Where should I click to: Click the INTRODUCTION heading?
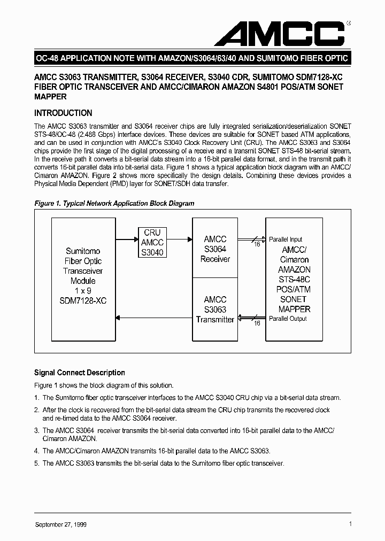[x=63, y=113]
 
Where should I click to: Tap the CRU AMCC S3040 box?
[x=152, y=242]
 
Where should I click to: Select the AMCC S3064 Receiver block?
[x=215, y=249]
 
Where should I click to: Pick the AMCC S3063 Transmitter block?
[x=215, y=310]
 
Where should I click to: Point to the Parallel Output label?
[x=288, y=319]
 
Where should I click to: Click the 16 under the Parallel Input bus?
[x=257, y=244]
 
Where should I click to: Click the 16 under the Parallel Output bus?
[x=257, y=323]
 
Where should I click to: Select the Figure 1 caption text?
[x=114, y=204]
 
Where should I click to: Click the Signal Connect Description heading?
[x=79, y=373]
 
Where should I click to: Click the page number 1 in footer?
[x=350, y=524]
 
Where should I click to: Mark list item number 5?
[x=36, y=463]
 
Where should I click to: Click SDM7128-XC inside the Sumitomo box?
[x=83, y=300]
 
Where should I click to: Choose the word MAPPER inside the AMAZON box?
[x=295, y=309]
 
